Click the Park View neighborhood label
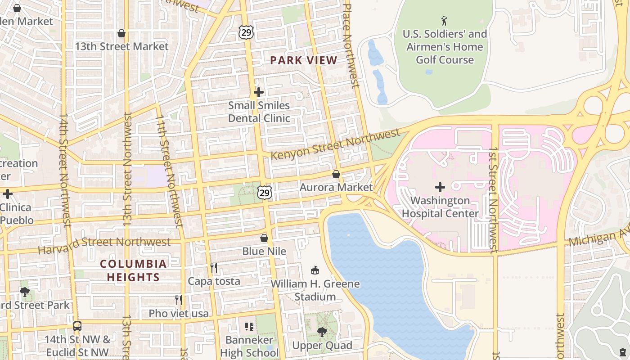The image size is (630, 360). [x=304, y=60]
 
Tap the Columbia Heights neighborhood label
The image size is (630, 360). [x=133, y=270]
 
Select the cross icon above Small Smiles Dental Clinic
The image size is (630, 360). [x=259, y=92]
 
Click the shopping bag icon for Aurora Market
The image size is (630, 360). [x=336, y=174]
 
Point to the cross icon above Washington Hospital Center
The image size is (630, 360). [x=440, y=187]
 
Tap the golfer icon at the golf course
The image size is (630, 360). [x=445, y=21]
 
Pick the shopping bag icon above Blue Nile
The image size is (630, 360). [x=264, y=238]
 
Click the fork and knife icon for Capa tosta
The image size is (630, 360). [x=214, y=268]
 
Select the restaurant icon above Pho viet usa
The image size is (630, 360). [x=179, y=300]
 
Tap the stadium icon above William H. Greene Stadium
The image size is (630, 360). [x=315, y=270]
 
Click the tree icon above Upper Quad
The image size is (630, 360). [x=322, y=332]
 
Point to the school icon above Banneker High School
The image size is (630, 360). [x=249, y=326]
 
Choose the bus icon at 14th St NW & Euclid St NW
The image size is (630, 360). [x=77, y=326]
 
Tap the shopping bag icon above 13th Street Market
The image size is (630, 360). [x=121, y=33]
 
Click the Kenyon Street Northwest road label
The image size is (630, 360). [x=335, y=144]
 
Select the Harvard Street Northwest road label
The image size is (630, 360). [x=104, y=243]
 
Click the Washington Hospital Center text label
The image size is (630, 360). [x=440, y=207]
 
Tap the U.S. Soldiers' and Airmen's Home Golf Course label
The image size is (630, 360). [x=445, y=47]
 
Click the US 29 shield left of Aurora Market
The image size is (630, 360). [x=265, y=193]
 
